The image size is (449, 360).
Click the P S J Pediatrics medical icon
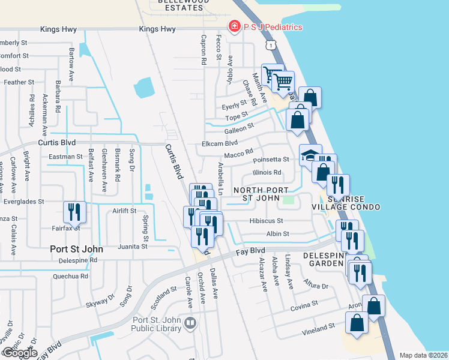point(234,27)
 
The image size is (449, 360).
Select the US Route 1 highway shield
point(273,45)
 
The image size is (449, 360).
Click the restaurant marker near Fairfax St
point(75,212)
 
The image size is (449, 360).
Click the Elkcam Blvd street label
point(220,143)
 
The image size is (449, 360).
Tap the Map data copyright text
point(423,355)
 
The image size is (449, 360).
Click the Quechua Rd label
point(70,277)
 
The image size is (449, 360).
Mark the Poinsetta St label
point(271,160)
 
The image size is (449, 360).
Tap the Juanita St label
point(133,247)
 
